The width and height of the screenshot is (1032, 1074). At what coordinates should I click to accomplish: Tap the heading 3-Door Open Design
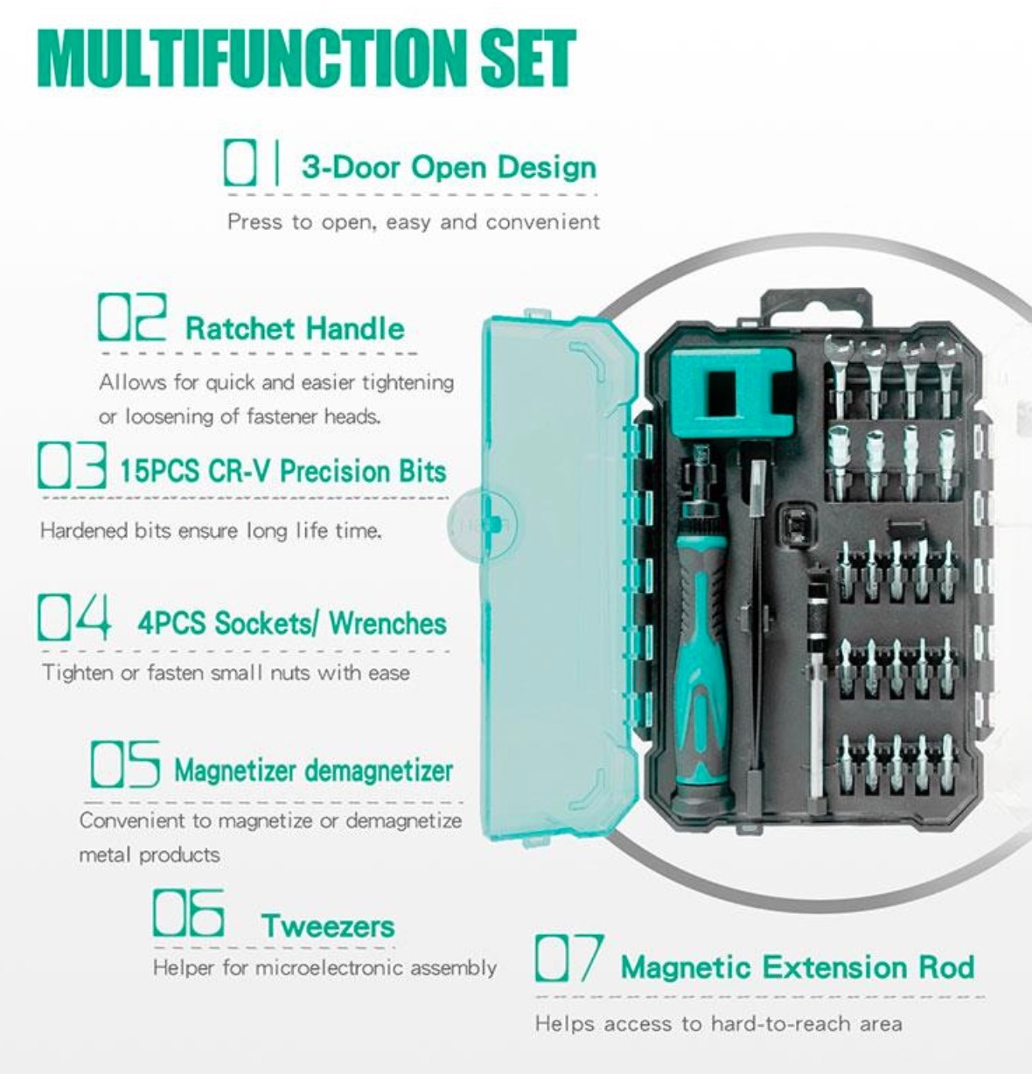(x=450, y=167)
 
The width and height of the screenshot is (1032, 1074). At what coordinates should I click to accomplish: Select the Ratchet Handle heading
(x=295, y=328)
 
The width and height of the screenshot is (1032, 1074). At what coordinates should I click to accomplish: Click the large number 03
(x=72, y=465)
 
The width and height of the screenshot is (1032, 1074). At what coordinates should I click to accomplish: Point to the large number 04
(x=74, y=617)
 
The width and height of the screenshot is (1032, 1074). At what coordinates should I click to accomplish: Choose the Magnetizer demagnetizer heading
(x=313, y=771)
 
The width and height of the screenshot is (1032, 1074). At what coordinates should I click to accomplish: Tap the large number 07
(x=569, y=958)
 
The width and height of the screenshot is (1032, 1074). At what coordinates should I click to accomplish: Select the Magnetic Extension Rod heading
(x=798, y=967)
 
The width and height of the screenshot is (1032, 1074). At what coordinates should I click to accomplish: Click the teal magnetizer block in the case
(x=732, y=394)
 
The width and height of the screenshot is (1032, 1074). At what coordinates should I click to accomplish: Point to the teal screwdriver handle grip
(x=702, y=668)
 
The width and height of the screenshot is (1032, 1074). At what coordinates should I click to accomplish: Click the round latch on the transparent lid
(x=483, y=524)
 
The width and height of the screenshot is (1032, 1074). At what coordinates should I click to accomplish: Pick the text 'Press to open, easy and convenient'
(x=414, y=222)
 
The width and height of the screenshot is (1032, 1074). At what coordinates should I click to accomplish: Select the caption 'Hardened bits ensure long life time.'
(x=211, y=530)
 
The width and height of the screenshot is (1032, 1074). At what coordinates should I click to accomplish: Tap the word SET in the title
(x=527, y=59)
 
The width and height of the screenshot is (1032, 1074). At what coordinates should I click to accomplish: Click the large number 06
(x=189, y=913)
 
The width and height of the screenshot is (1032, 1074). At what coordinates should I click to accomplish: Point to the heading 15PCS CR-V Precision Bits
(x=283, y=471)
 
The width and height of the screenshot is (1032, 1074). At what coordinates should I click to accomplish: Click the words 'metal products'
(x=150, y=854)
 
